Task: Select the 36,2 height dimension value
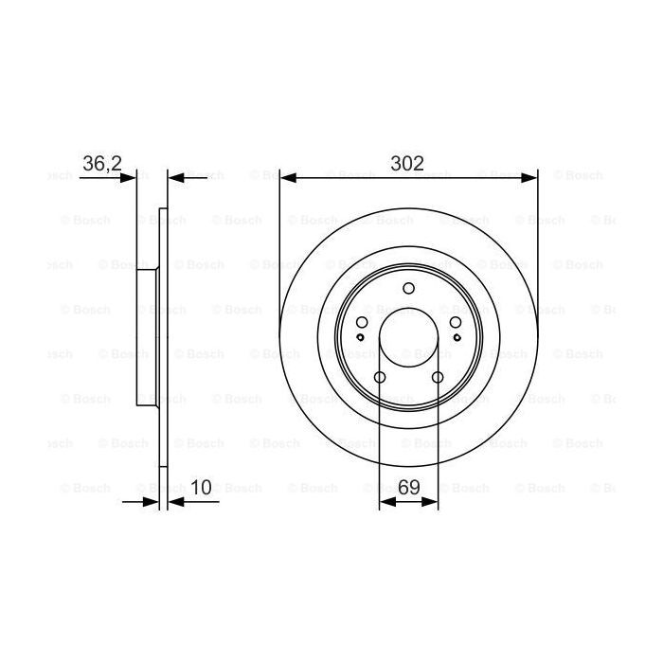[101, 163]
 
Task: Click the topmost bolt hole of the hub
[409, 289]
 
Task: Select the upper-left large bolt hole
[362, 323]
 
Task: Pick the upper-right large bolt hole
[456, 323]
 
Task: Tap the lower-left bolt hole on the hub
[380, 378]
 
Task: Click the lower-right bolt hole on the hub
[438, 378]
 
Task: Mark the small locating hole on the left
[361, 337]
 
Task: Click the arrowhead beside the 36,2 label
[130, 176]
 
